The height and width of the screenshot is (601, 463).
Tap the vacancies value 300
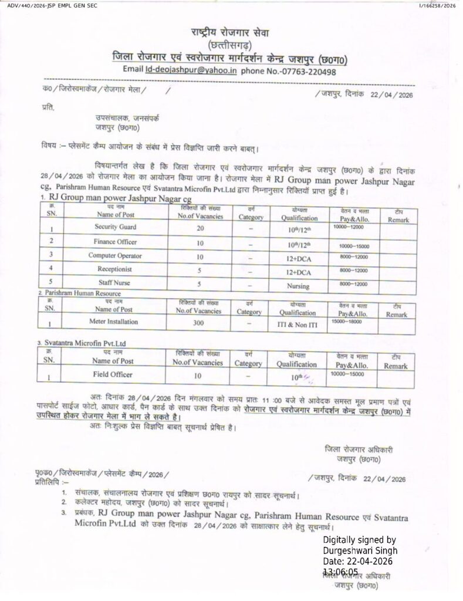click(200, 323)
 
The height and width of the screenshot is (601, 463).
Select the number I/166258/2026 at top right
click(438, 5)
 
